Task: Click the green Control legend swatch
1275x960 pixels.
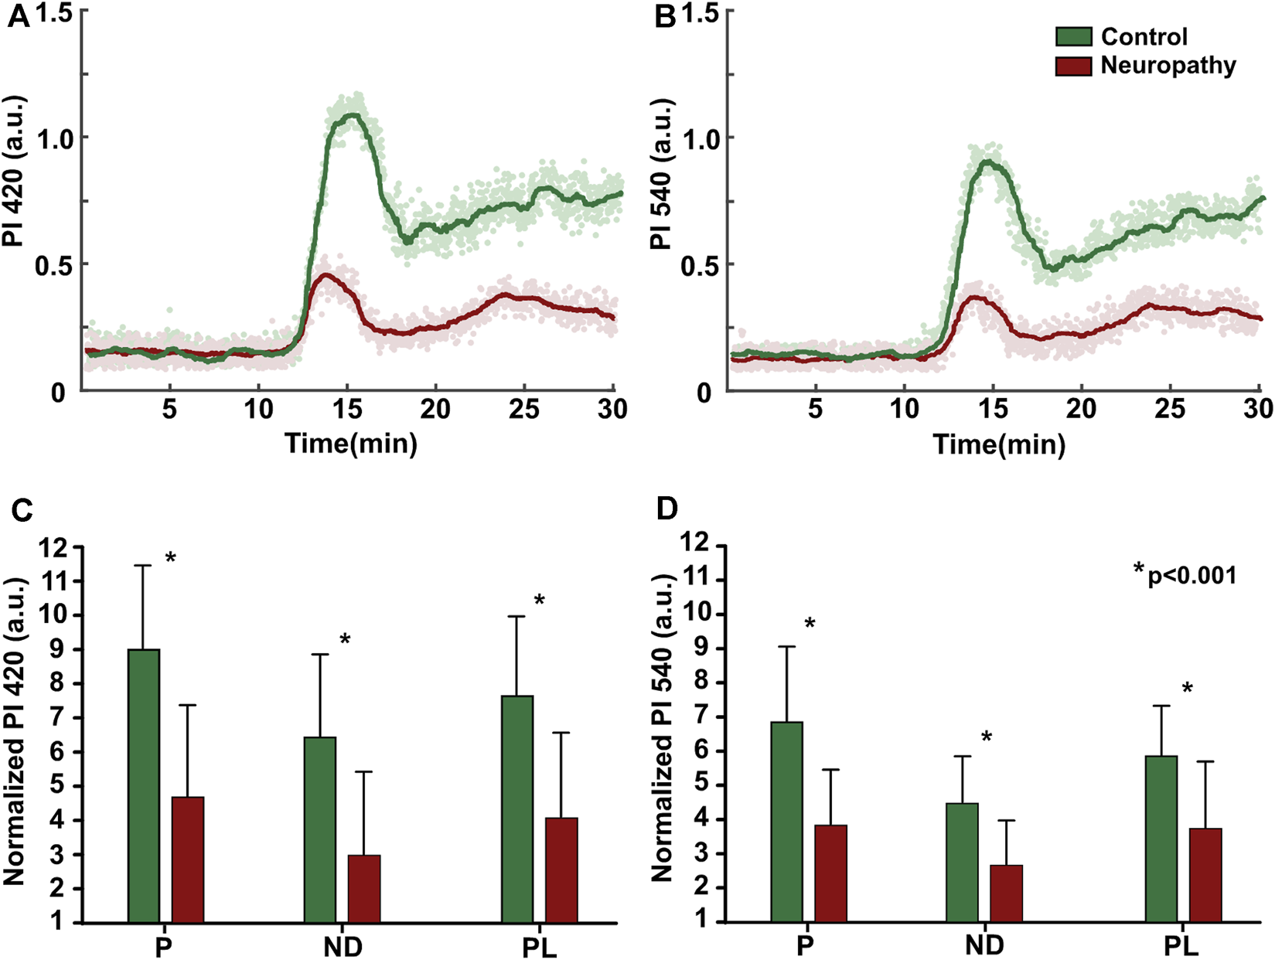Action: coord(1074,36)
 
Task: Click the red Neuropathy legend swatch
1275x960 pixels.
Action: coord(1074,66)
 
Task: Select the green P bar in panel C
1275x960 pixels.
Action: coord(144,785)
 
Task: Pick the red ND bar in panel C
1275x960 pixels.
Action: coord(364,888)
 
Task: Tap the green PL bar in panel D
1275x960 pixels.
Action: coord(1161,839)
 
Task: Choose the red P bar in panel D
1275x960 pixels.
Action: coord(831,873)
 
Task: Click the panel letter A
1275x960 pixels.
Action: coord(18,17)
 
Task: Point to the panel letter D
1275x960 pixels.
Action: coord(666,508)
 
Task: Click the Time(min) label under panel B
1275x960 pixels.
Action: coord(999,444)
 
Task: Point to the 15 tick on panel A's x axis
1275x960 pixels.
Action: coord(346,409)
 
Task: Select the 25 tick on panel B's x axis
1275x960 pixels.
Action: coord(1170,409)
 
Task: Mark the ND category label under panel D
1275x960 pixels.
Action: coord(984,945)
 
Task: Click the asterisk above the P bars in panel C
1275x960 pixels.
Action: coord(171,559)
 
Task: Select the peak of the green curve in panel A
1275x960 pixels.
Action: coord(352,115)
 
